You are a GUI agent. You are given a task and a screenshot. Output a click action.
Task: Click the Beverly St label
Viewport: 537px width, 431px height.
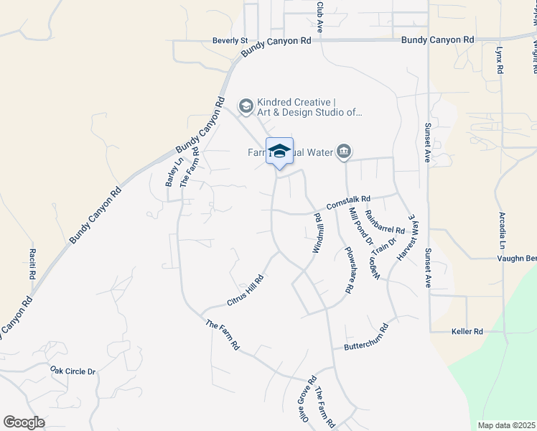coord(230,41)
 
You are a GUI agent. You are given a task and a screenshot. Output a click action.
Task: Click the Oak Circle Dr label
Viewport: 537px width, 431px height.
coord(73,371)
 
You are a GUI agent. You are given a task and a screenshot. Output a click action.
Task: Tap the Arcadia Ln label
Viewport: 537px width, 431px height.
coord(503,230)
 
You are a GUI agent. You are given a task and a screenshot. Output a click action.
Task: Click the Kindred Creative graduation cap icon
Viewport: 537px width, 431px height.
coord(246,107)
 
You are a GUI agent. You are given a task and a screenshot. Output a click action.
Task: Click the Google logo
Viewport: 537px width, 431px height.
coord(24,422)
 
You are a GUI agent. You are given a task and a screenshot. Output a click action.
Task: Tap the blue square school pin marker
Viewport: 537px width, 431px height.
coord(279,151)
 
